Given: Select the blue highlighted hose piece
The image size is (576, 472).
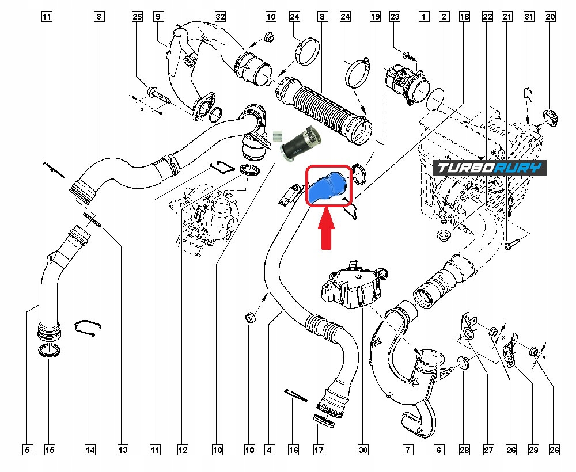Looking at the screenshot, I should tap(327, 185).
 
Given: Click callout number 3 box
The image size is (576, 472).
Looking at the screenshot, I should tap(100, 17).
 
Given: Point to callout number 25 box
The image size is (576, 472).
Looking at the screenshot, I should tap(137, 17).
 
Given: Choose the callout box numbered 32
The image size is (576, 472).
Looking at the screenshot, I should tap(219, 17).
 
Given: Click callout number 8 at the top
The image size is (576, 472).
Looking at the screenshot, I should tap(321, 17).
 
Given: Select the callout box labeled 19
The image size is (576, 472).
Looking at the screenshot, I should tap(374, 17).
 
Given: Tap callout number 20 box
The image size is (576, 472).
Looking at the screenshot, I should tap(550, 17).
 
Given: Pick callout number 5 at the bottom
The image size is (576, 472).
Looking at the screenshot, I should tap(28, 450).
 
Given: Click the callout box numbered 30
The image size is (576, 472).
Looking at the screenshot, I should tap(362, 450).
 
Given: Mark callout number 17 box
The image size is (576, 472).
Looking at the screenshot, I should tap(318, 450).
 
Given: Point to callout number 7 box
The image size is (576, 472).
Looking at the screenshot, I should tap(407, 450).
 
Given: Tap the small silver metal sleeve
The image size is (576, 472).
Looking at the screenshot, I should tap(276, 136).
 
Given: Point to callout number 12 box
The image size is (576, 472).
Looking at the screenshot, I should tap(183, 450).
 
